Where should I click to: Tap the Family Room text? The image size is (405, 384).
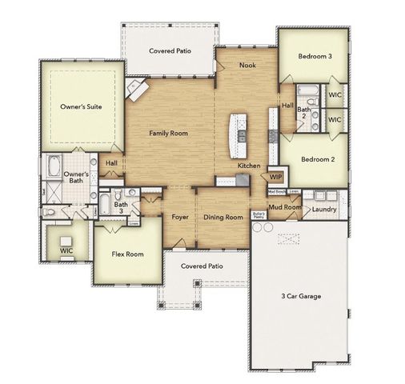(x=169, y=134)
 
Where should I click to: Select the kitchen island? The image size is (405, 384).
(x=238, y=136)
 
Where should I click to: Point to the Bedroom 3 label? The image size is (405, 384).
(x=316, y=57)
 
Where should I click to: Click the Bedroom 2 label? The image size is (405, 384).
(x=317, y=159)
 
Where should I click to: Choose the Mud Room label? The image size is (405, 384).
(x=284, y=208)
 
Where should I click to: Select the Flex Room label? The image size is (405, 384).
(x=126, y=254)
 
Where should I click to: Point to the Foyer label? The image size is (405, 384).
(x=179, y=217)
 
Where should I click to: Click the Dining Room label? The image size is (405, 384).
(x=223, y=217)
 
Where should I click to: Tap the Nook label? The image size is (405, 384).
(x=247, y=65)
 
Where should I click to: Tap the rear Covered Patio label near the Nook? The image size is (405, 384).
(x=170, y=50)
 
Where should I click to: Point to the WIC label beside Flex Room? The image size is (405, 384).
(x=66, y=250)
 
